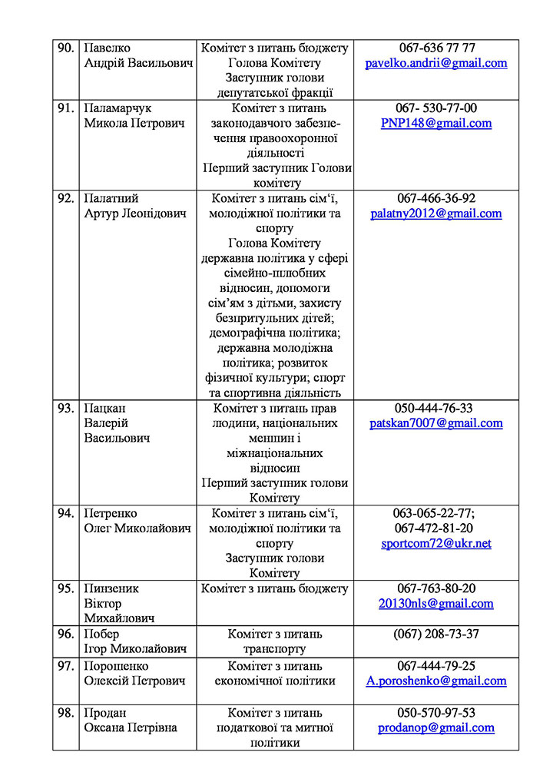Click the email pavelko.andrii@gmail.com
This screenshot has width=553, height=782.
pyautogui.click(x=435, y=63)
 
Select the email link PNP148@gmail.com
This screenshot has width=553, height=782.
pyautogui.click(x=435, y=123)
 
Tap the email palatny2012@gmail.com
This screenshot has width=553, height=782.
pyautogui.click(x=435, y=214)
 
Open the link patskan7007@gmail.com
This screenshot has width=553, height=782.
pyautogui.click(x=435, y=423)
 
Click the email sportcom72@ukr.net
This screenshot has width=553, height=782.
pyautogui.click(x=435, y=543)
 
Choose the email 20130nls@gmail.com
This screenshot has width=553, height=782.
pyautogui.click(x=435, y=603)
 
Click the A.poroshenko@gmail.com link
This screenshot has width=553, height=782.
pyautogui.click(x=435, y=681)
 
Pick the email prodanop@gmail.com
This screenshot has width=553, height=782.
pyautogui.click(x=435, y=727)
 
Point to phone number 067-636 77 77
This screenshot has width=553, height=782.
pyautogui.click(x=436, y=48)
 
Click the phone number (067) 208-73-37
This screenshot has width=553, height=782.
pyautogui.click(x=436, y=634)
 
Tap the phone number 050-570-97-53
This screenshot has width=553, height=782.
pyautogui.click(x=436, y=712)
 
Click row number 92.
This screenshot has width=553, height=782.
pyautogui.click(x=65, y=198)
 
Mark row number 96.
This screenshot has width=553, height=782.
pyautogui.click(x=65, y=634)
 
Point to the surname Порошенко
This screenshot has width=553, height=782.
pyautogui.click(x=116, y=666)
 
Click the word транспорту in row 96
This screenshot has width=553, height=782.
pyautogui.click(x=274, y=649)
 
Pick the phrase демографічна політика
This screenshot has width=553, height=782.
pyautogui.click(x=274, y=333)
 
